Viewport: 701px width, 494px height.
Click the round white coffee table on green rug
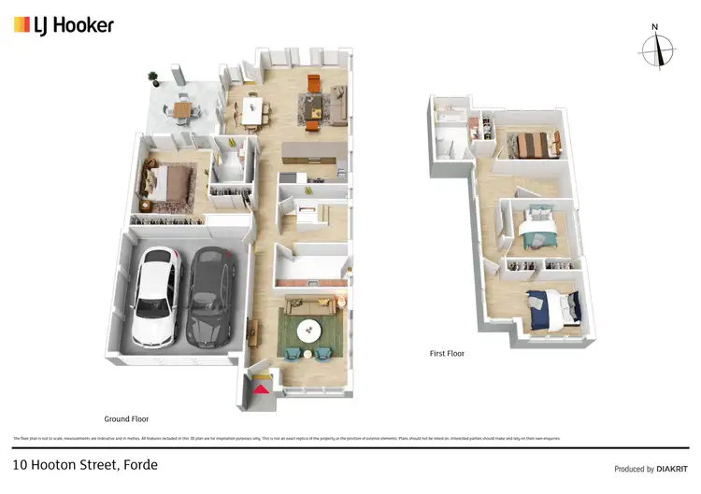[308, 330]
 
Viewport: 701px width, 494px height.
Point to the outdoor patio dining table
[181, 108]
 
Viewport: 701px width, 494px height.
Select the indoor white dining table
[251, 106]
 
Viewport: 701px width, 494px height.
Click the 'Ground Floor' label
[126, 419]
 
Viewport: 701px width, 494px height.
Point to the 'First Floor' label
[447, 354]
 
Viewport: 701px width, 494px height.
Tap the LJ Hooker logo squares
[21, 25]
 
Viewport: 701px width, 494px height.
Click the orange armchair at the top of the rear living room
[313, 81]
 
